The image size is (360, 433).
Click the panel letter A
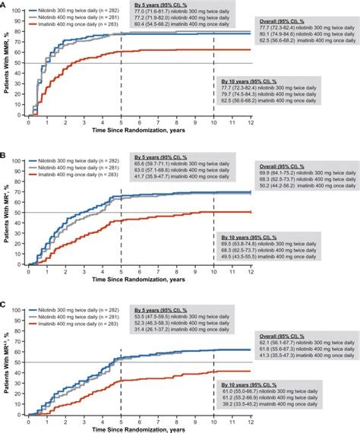pos(5,5)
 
